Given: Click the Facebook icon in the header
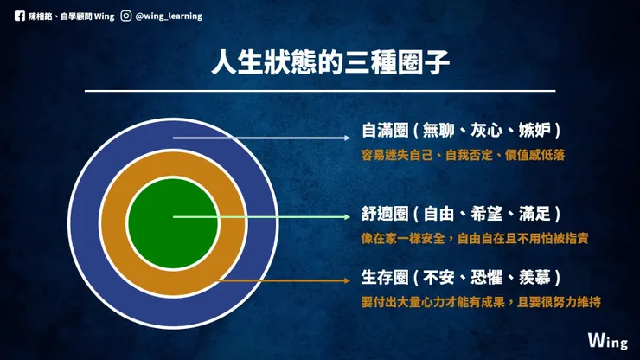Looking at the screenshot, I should pos(19,15).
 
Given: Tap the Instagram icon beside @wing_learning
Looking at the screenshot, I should pos(126,15).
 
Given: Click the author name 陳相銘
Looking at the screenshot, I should pos(42,15).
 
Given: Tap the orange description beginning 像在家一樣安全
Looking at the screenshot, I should pos(476,237).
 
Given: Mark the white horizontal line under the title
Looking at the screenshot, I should pos(319,90).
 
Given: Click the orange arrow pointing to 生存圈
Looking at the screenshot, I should pos(285,280).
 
